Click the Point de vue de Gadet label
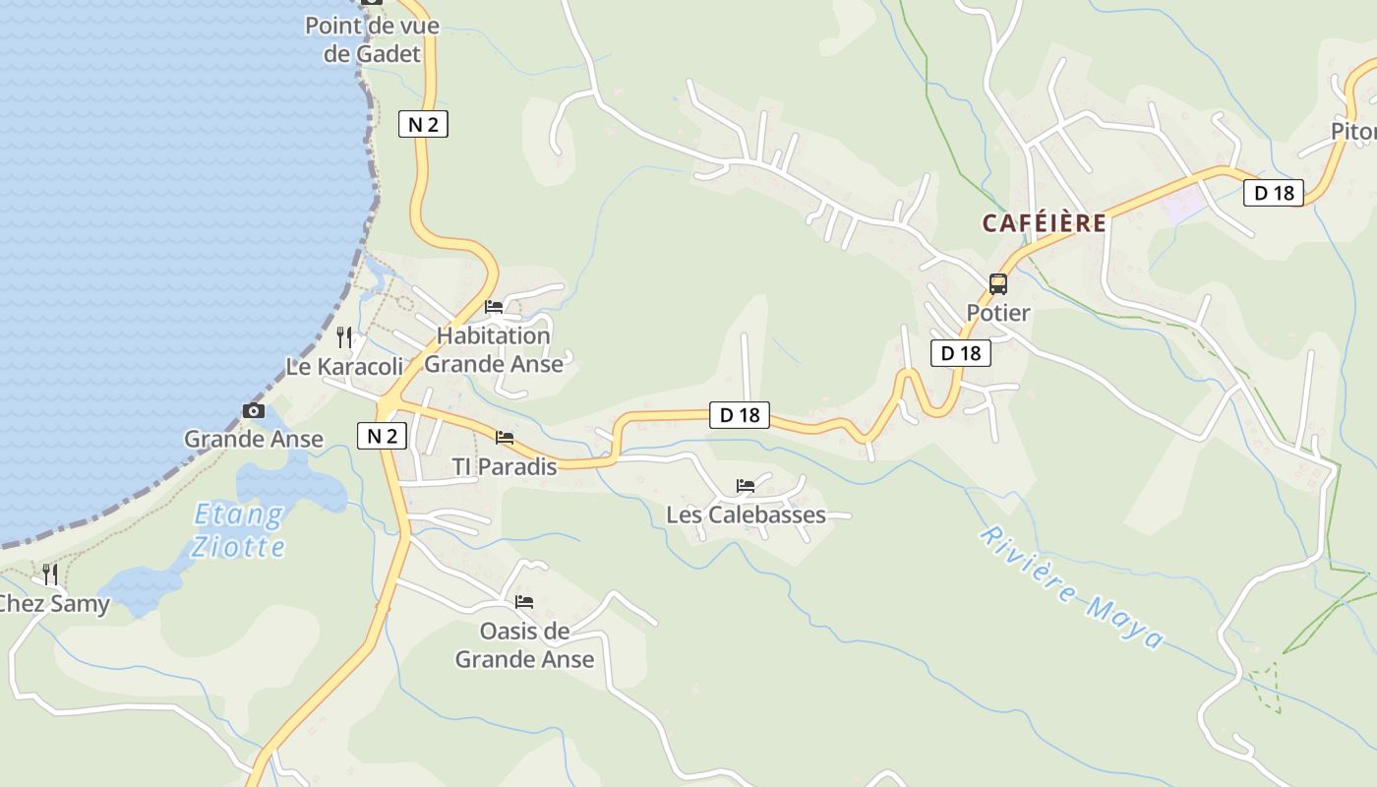[x=372, y=39]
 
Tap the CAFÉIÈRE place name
[x=1044, y=223]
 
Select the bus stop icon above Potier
[x=998, y=284]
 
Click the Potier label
[x=997, y=313]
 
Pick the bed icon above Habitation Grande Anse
[x=494, y=307]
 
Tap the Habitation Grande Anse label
[x=494, y=349]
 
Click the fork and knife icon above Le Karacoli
[x=344, y=337]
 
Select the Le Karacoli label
[x=344, y=367]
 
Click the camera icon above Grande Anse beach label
[x=254, y=410]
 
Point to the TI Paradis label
[x=504, y=466]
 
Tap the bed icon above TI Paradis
[x=505, y=438]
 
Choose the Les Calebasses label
[x=746, y=515]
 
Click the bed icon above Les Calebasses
[x=746, y=486]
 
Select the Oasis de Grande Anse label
[x=524, y=644]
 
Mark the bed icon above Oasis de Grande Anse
[x=524, y=602]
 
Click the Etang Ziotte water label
[x=239, y=530]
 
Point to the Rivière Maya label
[x=1071, y=588]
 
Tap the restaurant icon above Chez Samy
[x=50, y=574]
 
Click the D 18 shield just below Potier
[x=960, y=353]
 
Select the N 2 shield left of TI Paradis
[x=382, y=436]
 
